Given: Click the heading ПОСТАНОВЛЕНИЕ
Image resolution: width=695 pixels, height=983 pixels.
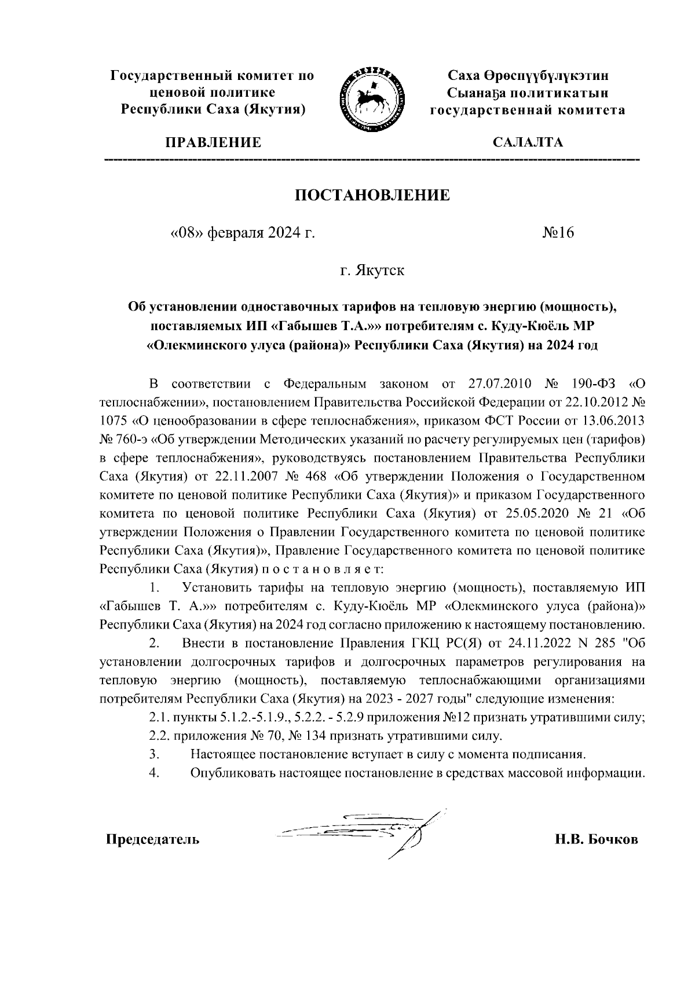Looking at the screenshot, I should [372, 195].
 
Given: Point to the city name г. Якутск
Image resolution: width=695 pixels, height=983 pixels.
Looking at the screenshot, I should [372, 271].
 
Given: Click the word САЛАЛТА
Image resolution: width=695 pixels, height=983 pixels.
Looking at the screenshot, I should [527, 142].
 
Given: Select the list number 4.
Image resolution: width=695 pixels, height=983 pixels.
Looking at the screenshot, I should [153, 773].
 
